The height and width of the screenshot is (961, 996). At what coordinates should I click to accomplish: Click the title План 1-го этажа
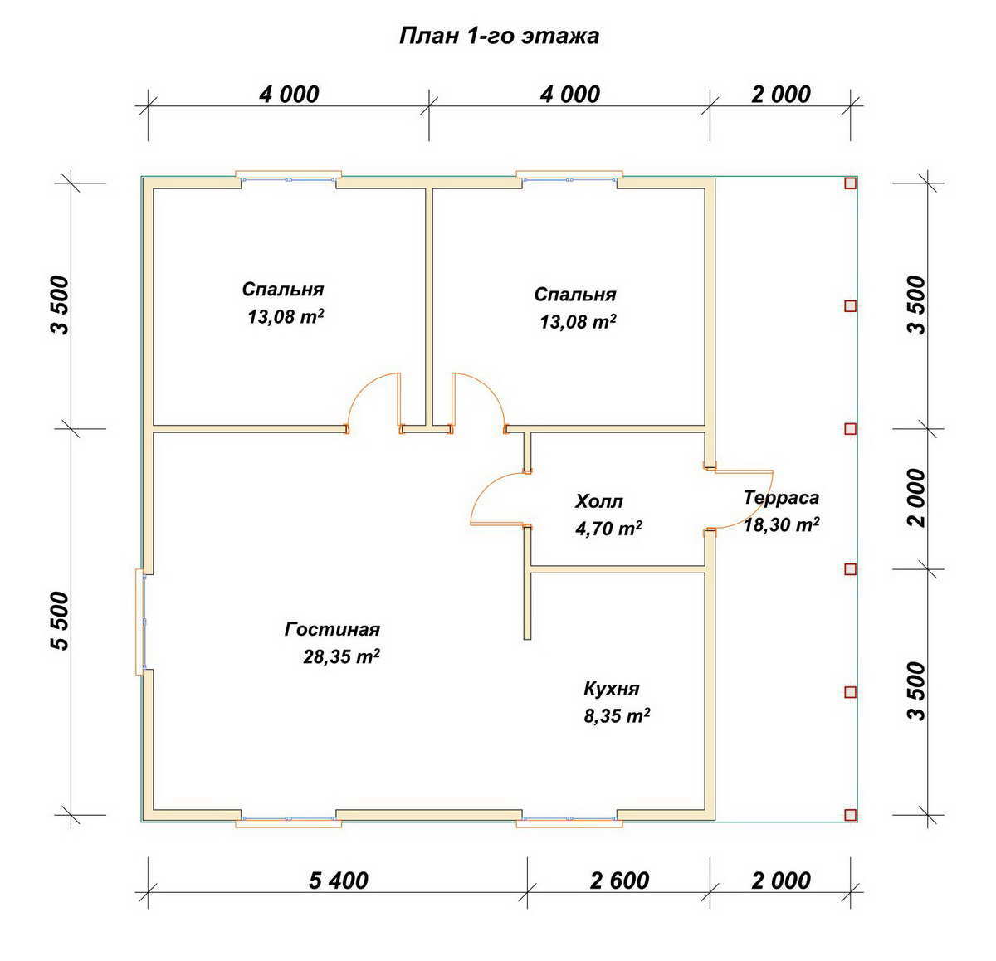499,37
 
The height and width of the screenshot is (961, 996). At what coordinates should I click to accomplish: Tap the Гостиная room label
332,629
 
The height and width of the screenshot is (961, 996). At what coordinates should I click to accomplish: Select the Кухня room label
612,689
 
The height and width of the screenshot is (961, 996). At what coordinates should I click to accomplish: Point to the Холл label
598,501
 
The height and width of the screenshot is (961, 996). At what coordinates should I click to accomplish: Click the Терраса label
781,497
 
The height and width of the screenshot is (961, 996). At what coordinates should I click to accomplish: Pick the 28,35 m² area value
341,656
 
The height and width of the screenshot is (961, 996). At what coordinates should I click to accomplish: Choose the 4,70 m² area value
608,528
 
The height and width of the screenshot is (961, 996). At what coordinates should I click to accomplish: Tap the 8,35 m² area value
617,715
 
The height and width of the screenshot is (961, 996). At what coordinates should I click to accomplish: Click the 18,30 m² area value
781,524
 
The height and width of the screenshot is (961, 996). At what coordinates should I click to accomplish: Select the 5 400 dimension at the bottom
339,881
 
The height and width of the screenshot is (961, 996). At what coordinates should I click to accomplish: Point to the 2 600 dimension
619,881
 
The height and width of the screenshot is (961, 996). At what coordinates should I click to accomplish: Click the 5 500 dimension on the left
61,622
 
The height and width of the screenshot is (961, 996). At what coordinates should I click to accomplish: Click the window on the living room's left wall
140,622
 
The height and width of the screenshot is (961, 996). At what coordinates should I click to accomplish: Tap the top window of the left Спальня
289,176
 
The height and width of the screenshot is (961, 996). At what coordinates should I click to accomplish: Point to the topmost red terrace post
850,183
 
